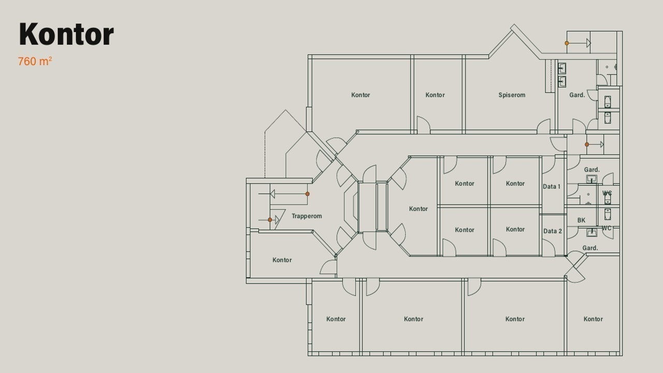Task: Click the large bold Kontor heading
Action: coord(66,34)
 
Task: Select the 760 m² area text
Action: coord(35,61)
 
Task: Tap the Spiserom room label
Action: coord(512,95)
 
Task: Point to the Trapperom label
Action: coord(307,216)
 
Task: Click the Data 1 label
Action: coord(552,187)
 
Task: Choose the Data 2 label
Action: coord(552,231)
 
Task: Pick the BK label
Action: coord(581,220)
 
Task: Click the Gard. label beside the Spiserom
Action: coord(577,95)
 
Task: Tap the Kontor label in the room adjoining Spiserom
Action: coord(435,95)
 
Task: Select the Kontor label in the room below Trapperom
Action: coord(282,260)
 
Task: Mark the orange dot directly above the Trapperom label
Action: coord(307,194)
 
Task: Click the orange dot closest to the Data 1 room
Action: coord(587,145)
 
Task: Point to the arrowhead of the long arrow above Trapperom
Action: coord(272,194)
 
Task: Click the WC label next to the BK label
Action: coord(607,228)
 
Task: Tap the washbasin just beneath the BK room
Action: coord(592,233)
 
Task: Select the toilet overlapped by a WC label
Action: coord(608,198)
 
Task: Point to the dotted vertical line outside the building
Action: coord(265,154)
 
